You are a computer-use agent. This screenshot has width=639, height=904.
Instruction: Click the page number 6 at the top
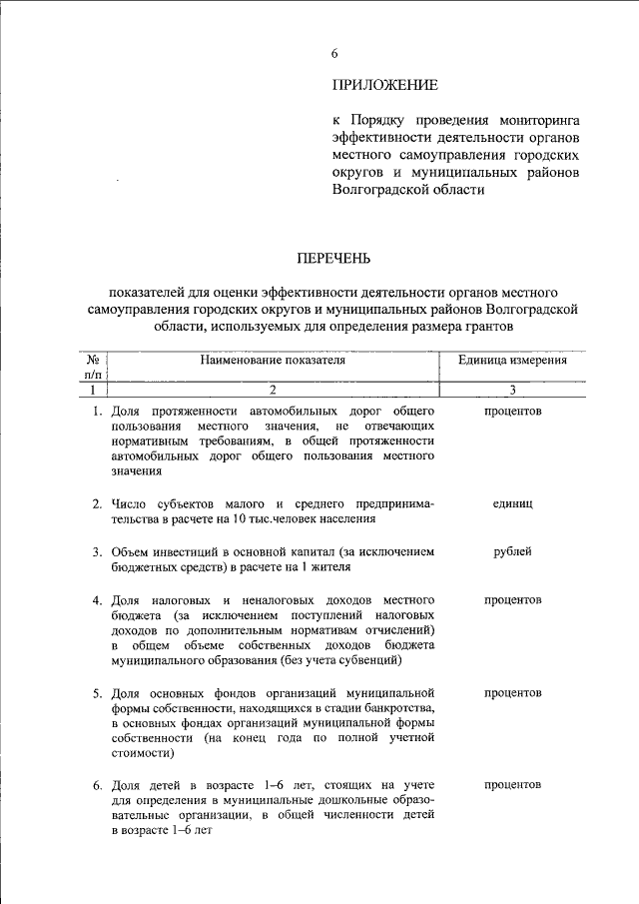(x=335, y=52)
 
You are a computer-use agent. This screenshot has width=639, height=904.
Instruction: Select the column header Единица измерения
(x=513, y=361)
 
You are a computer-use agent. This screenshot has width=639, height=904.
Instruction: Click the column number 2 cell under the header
(x=272, y=390)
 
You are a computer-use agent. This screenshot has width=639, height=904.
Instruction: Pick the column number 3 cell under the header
(x=512, y=390)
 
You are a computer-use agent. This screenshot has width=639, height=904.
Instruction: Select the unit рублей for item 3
(x=512, y=551)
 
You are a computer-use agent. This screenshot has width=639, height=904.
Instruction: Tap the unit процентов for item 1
(x=512, y=411)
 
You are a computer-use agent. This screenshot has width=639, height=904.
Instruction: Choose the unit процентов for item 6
(x=512, y=785)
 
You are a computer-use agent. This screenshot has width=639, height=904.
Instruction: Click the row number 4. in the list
(x=99, y=600)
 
